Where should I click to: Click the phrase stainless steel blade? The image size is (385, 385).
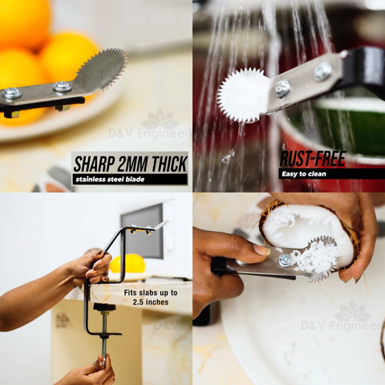click(110, 179)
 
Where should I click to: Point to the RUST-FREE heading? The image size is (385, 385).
click(313, 159)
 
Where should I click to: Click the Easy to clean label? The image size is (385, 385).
click(304, 174)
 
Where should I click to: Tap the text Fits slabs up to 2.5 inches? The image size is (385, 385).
click(151, 298)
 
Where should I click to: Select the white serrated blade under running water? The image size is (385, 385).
click(243, 95)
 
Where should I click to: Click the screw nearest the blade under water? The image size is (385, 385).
click(283, 87)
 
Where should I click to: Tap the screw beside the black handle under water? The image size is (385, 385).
click(323, 71)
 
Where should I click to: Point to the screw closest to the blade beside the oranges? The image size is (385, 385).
click(63, 87)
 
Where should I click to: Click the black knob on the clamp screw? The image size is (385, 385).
click(104, 307)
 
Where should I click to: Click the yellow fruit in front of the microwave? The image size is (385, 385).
click(128, 264)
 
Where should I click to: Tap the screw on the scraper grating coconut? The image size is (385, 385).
click(285, 260)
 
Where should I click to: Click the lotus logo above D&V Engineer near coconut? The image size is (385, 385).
click(353, 312)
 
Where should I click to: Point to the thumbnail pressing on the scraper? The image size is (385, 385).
click(262, 250)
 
